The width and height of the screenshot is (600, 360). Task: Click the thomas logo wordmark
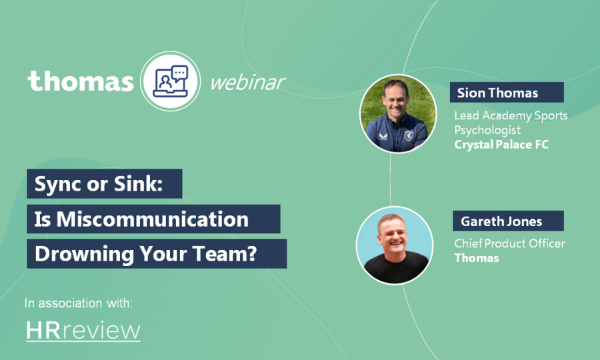81,81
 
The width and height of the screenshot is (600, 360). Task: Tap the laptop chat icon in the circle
171,81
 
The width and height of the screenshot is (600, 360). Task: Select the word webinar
247,82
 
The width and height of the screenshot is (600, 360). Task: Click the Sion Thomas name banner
507,93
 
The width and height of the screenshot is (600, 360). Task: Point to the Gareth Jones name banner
507,221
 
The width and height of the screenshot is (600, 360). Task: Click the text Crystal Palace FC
501,144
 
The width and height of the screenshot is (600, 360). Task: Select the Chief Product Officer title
509,243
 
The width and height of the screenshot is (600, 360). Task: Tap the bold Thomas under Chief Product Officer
476,258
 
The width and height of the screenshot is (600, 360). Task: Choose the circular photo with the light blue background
394,245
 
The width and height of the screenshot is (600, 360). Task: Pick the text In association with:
79,303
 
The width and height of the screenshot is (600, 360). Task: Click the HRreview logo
83,331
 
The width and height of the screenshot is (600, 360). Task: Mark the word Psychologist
487,130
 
